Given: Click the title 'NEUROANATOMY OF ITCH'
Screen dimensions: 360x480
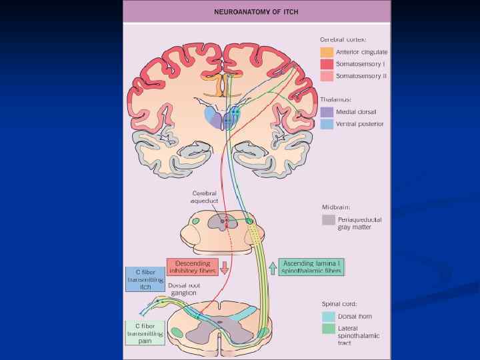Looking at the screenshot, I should point(257,12).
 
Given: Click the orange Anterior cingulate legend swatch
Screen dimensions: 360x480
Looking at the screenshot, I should point(327,52).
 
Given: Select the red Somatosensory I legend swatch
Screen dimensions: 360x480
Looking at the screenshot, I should point(327,64).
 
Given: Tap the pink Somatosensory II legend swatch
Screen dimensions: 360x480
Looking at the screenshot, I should point(327,76).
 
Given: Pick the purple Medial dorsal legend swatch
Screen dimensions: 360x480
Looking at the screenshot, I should point(327,112).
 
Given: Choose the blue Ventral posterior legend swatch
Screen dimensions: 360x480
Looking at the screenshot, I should point(327,124).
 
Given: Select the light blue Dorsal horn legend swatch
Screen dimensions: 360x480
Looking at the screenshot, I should point(328,317).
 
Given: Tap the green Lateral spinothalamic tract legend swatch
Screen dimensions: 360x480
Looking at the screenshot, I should point(328,329).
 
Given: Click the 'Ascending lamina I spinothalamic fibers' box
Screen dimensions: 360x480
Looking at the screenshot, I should point(311,267).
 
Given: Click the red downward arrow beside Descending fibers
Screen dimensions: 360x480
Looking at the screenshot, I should point(224,268).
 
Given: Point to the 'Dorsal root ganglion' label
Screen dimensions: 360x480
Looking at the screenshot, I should point(185,289).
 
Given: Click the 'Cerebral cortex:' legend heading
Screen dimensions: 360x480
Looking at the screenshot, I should point(342,40).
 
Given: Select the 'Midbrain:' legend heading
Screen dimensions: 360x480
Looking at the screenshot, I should point(336,207).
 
